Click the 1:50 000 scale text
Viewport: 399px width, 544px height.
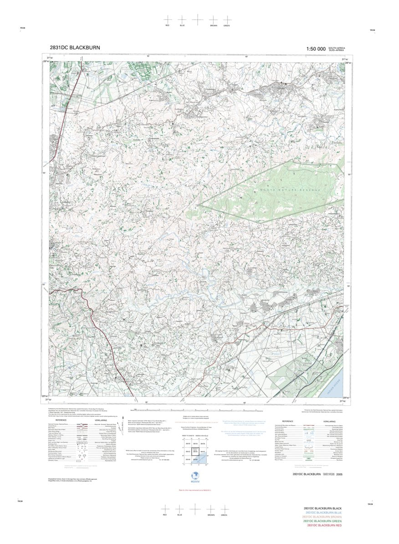[x=316, y=49]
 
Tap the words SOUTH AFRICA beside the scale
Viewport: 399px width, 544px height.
[x=337, y=47]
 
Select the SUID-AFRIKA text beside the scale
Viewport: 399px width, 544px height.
[x=337, y=50]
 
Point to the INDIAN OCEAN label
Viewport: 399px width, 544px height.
[x=337, y=388]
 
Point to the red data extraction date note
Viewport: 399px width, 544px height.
[x=194, y=490]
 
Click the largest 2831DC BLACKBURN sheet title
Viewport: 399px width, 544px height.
[x=75, y=47]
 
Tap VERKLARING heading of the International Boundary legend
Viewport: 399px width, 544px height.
[x=329, y=421]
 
